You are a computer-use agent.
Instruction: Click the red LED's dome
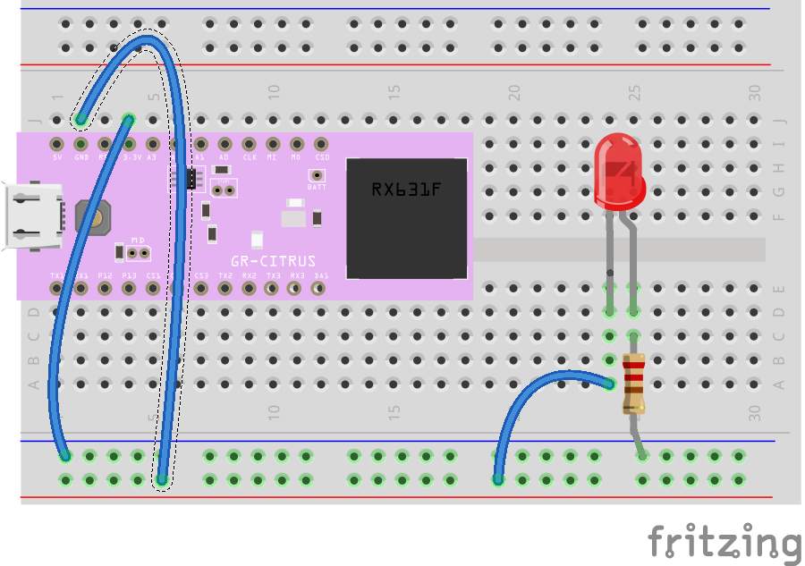[618, 170]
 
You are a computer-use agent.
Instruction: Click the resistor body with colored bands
[633, 384]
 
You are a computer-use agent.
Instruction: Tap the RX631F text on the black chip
[407, 190]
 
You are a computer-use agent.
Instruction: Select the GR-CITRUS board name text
[273, 261]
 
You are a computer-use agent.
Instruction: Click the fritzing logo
[724, 543]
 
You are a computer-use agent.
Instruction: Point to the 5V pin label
[57, 157]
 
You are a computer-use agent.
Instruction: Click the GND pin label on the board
[81, 157]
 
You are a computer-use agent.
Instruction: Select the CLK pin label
[250, 157]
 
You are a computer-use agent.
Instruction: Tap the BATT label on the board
[317, 188]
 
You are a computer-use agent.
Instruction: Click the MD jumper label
[138, 240]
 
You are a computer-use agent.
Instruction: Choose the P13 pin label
[129, 275]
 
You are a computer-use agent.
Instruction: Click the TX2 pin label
[225, 275]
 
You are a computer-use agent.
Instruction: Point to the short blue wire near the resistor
[537, 393]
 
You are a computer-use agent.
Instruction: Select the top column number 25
[634, 91]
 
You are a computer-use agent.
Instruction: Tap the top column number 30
[755, 91]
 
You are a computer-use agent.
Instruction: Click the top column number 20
[514, 91]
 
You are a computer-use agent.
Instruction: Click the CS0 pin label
[322, 157]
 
